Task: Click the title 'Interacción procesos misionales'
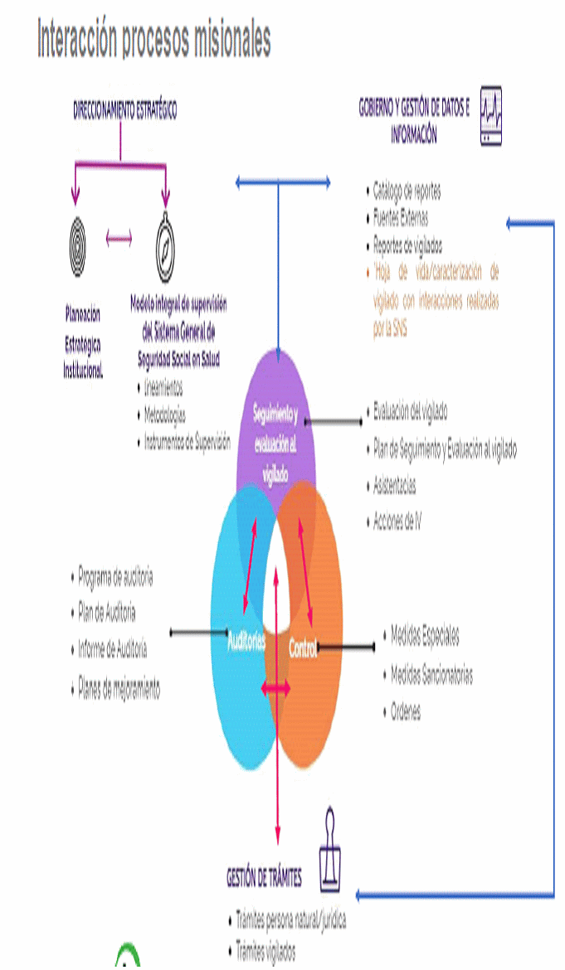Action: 153,40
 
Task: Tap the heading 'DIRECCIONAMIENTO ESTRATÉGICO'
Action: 124,111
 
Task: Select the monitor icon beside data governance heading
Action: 491,116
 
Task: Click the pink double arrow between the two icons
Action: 119,240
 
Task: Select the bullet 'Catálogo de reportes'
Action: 407,192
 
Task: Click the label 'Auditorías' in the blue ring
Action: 246,640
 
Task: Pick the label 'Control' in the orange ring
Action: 302,650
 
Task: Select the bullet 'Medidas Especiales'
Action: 425,637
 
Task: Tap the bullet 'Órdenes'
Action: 406,712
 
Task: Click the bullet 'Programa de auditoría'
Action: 115,576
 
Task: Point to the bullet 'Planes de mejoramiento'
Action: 119,688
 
